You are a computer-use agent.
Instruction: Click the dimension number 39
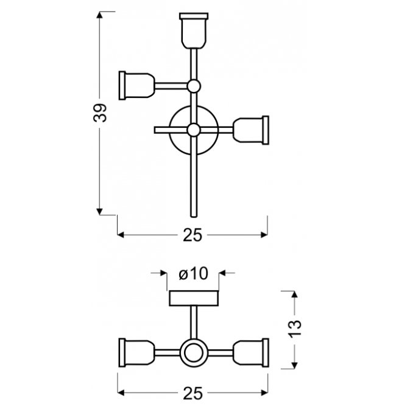pos(100,113)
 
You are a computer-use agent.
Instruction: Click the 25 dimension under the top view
pos(193,235)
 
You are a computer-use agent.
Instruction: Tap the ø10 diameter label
pos(193,273)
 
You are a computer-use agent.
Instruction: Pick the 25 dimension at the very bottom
pos(193,393)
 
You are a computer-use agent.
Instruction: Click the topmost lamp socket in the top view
pos(194,31)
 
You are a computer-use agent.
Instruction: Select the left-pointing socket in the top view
pos(136,85)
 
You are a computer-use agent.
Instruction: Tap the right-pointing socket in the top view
pos(251,130)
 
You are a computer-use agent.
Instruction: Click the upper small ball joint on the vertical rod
pos(194,86)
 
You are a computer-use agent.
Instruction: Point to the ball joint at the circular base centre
pos(194,130)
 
